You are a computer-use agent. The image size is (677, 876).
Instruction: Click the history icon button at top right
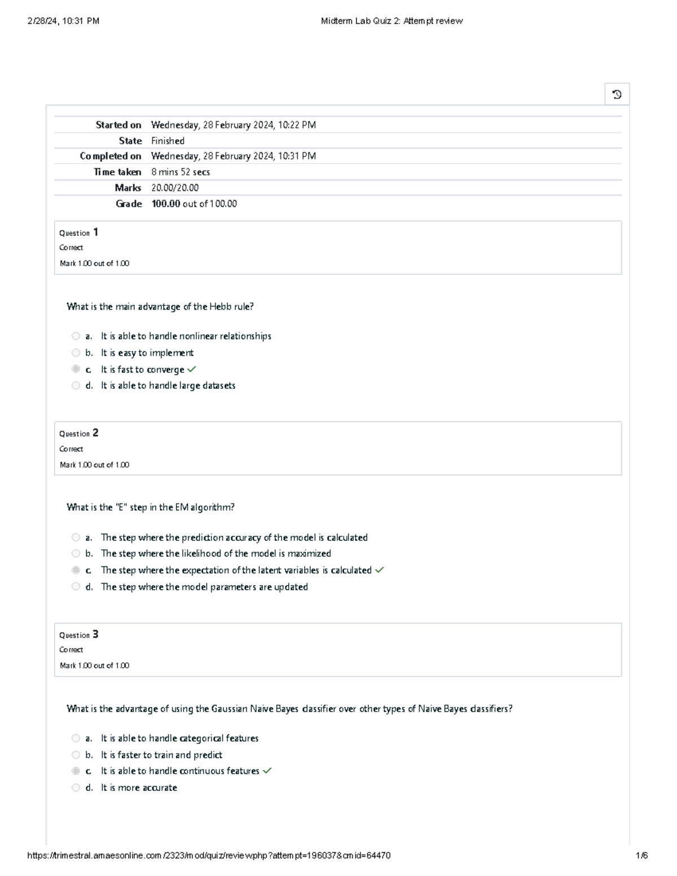click(617, 94)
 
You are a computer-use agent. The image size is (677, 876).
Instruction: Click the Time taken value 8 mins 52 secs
click(181, 172)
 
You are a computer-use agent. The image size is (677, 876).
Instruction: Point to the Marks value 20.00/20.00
click(175, 188)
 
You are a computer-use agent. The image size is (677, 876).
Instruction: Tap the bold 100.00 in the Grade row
click(165, 204)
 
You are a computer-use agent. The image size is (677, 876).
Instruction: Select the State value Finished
click(168, 141)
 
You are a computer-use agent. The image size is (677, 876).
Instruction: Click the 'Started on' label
click(118, 125)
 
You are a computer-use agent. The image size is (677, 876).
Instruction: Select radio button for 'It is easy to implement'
click(76, 353)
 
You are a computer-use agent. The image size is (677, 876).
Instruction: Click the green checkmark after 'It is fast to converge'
click(192, 369)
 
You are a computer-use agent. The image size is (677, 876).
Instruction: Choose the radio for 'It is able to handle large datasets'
click(76, 386)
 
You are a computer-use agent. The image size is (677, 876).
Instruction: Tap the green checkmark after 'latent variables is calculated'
click(379, 570)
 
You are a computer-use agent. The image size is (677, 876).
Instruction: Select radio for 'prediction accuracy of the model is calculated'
click(76, 538)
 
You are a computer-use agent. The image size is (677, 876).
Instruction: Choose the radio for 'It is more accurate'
click(76, 787)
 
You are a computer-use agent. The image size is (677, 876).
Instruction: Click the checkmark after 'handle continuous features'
click(267, 771)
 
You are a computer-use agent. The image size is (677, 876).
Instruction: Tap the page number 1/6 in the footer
click(641, 856)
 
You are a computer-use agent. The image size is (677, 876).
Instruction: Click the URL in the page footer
click(209, 856)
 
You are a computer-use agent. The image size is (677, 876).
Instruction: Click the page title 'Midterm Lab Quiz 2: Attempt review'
click(392, 21)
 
